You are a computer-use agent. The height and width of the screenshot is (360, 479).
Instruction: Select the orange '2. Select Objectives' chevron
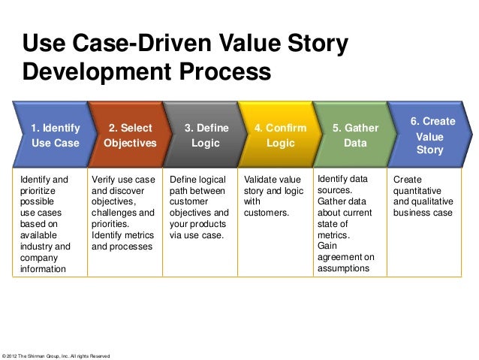(x=130, y=135)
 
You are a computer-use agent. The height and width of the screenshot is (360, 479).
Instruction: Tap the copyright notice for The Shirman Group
(x=57, y=355)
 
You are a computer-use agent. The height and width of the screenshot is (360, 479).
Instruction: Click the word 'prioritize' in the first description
(x=38, y=191)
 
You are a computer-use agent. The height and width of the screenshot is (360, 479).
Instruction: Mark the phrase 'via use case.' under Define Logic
(x=196, y=234)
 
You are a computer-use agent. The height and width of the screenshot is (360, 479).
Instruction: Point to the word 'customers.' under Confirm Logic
(x=267, y=213)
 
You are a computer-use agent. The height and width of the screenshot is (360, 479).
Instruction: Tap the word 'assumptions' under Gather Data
(x=344, y=268)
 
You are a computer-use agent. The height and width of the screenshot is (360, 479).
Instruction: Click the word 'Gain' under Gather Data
(x=327, y=246)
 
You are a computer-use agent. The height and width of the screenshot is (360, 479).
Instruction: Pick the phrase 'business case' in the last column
(x=423, y=213)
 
